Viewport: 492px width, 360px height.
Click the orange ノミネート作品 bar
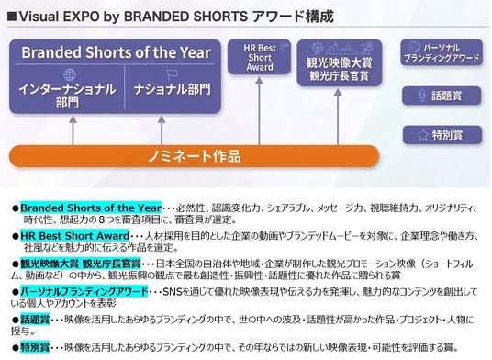pyautogui.click(x=195, y=156)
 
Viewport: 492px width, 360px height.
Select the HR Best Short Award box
pyautogui.click(x=259, y=57)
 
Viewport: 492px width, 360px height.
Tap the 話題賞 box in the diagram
pyautogui.click(x=442, y=96)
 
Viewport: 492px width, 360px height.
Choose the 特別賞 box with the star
pyautogui.click(x=442, y=135)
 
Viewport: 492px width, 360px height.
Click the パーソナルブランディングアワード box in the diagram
pyautogui.click(x=442, y=52)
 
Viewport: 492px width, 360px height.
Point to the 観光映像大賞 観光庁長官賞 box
pyautogui.click(x=340, y=62)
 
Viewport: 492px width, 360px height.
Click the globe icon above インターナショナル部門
pyautogui.click(x=70, y=74)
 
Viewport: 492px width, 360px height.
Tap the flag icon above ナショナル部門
pyautogui.click(x=172, y=74)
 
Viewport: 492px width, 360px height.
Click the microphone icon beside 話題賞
pyautogui.click(x=422, y=96)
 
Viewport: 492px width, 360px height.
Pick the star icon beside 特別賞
pyautogui.click(x=423, y=135)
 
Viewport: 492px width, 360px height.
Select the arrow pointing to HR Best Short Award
pyautogui.click(x=259, y=111)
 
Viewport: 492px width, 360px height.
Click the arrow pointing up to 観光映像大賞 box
pyautogui.click(x=338, y=117)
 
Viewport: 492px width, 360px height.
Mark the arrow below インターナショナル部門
pyautogui.click(x=73, y=130)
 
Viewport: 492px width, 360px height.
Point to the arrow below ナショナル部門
pyautogui.click(x=162, y=130)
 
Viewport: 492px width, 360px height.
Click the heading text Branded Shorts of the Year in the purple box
pyautogui.click(x=116, y=52)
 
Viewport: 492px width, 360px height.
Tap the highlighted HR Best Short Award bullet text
pyautogui.click(x=75, y=236)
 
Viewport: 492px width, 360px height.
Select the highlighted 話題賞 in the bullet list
pyautogui.click(x=35, y=320)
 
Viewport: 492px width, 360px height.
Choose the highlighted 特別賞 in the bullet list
pyautogui.click(x=35, y=347)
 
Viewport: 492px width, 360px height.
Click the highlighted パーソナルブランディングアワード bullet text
pyautogui.click(x=84, y=291)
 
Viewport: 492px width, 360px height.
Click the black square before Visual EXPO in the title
pyautogui.click(x=12, y=17)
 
